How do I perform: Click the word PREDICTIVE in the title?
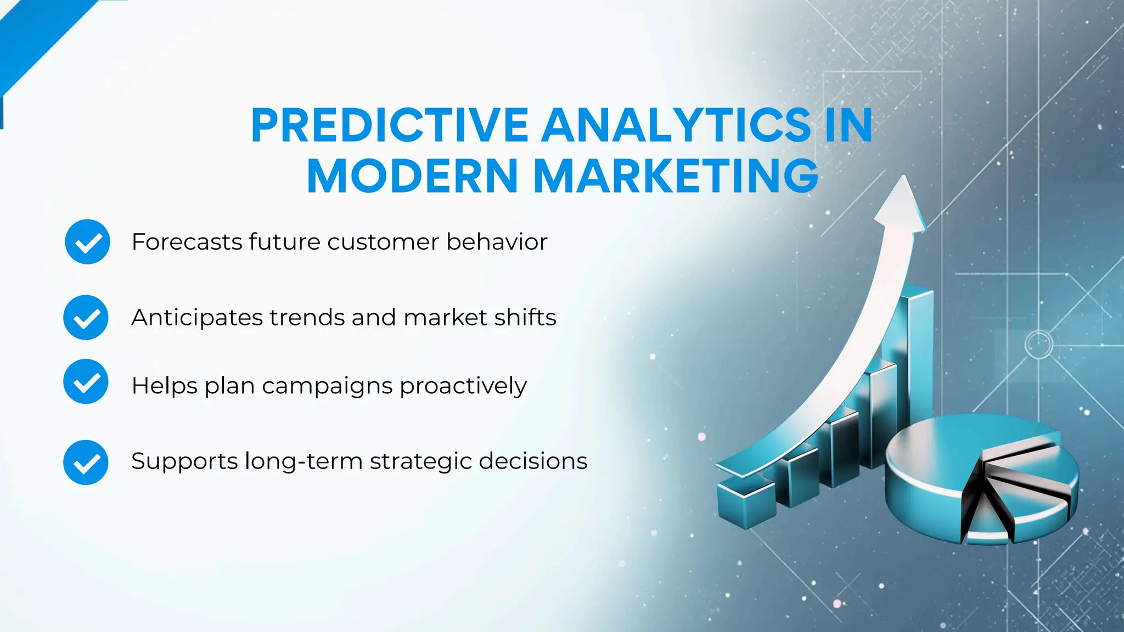click(390, 126)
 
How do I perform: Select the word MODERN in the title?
click(412, 176)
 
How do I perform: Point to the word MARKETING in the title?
click(676, 176)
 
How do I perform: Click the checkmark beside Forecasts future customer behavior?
click(87, 242)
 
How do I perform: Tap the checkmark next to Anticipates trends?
click(86, 318)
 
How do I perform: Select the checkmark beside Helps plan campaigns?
click(86, 382)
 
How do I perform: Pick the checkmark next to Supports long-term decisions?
click(86, 462)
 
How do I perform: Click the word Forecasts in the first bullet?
click(186, 242)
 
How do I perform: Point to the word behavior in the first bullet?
click(497, 242)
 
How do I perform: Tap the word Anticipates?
click(197, 318)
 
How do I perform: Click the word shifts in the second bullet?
click(525, 318)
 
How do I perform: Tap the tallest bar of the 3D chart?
click(919, 351)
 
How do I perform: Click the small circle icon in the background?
click(1038, 345)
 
